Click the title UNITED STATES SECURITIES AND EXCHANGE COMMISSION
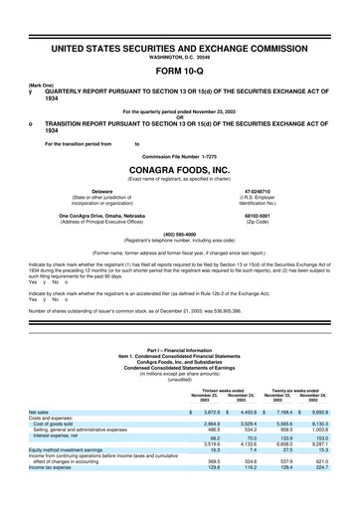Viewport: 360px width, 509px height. pyautogui.click(x=179, y=47)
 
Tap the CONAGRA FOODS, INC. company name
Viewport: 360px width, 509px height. pyautogui.click(x=179, y=168)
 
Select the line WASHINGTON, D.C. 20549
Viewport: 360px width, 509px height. pyautogui.click(x=179, y=56)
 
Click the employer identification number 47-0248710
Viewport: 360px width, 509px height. pyautogui.click(x=258, y=190)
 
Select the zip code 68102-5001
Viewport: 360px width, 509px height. pyautogui.click(x=258, y=216)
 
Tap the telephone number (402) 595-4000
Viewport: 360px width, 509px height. pyautogui.click(x=179, y=235)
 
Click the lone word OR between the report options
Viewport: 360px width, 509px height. pyautogui.click(x=179, y=116)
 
